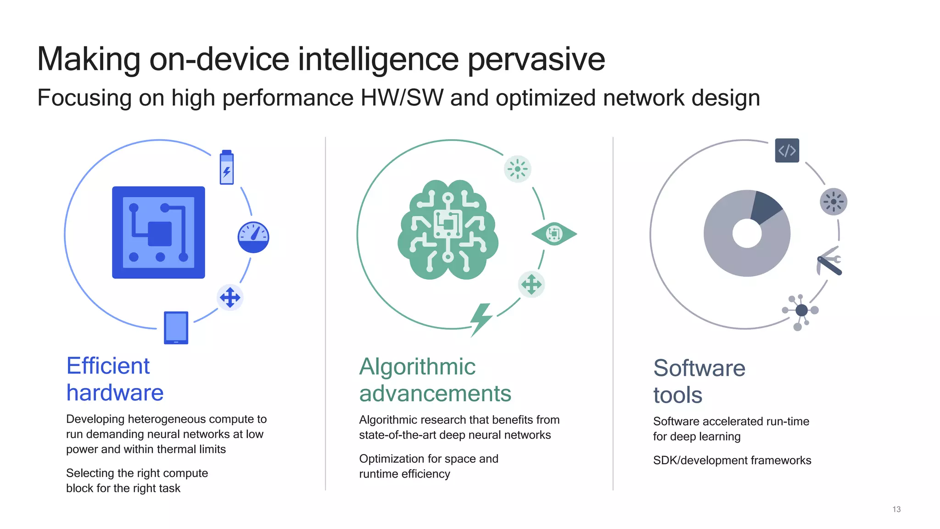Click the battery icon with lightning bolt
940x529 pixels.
point(227,168)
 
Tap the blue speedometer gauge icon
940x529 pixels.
point(253,237)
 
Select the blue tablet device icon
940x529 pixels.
point(176,327)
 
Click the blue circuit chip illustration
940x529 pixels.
point(158,232)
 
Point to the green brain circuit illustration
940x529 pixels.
point(448,230)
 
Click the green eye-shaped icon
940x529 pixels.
point(554,234)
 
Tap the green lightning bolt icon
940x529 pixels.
point(481,319)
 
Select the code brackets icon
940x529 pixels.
point(787,150)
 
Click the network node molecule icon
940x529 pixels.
point(801,311)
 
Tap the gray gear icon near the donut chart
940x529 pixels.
point(834,202)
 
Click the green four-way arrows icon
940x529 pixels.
point(532,284)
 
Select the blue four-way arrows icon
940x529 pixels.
point(230,298)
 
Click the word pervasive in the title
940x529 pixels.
point(536,59)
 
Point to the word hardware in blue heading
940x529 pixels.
point(115,393)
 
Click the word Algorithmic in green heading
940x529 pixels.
point(417,367)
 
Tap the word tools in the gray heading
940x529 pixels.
point(677,395)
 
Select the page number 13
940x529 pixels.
point(896,509)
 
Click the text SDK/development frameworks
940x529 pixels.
point(732,460)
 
